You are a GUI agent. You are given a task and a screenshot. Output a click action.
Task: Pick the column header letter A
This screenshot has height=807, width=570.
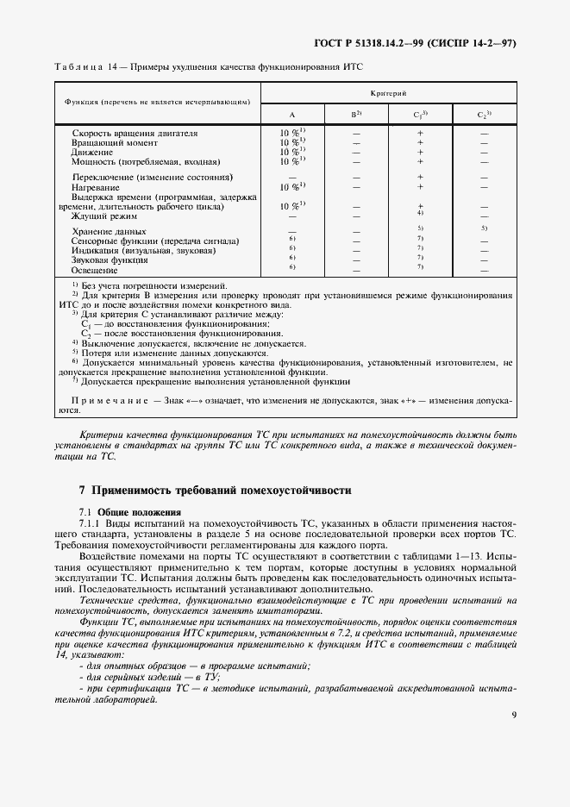(x=291, y=114)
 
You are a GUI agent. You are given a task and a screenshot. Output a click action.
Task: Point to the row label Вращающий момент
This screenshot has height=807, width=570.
(x=115, y=143)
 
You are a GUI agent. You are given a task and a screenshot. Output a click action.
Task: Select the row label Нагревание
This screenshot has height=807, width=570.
(x=97, y=186)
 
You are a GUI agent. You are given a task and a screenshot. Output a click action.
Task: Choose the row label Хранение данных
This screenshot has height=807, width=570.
(x=110, y=232)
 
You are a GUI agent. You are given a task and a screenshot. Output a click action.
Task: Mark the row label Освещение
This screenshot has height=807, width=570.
(x=95, y=270)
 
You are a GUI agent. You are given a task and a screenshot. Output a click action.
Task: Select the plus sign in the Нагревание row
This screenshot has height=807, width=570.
(x=420, y=186)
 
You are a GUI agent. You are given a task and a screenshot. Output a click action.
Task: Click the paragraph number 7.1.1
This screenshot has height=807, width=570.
(x=91, y=522)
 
